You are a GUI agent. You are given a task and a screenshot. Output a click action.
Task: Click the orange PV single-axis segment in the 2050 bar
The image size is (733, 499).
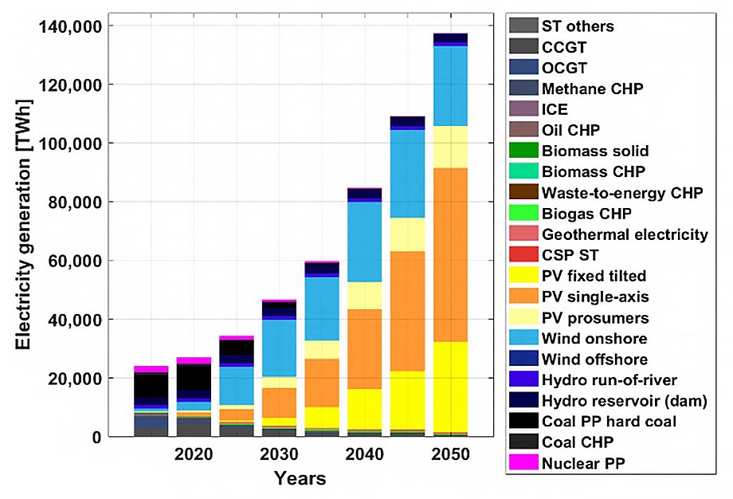point(450,255)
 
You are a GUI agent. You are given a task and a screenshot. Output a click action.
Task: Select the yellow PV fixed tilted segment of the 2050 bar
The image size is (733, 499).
point(450,387)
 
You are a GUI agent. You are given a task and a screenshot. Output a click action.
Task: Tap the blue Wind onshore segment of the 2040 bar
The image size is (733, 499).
point(365,242)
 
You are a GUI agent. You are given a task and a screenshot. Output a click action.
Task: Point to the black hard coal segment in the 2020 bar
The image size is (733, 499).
point(194,377)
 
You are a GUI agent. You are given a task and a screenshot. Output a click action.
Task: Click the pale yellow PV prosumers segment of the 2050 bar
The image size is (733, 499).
point(450,147)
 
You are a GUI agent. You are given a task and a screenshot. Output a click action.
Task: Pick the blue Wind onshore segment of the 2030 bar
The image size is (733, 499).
point(279,348)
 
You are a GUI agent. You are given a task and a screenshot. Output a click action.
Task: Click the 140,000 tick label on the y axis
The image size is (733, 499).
point(70,26)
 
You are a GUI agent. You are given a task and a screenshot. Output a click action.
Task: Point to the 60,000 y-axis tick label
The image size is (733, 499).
point(75,261)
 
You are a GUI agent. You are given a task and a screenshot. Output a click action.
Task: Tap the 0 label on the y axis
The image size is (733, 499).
point(96,438)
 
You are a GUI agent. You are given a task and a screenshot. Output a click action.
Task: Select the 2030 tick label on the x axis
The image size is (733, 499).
point(279,454)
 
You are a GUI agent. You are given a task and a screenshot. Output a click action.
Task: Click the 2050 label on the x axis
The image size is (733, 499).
point(450,454)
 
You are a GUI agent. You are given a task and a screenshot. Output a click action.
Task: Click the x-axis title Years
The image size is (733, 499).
point(300,478)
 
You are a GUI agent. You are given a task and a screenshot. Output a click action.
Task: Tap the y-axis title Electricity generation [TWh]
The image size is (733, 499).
point(23,225)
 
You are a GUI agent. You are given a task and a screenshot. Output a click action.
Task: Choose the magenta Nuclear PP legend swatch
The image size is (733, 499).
point(523,462)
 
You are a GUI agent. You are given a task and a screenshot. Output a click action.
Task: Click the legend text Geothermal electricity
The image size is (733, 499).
point(625,234)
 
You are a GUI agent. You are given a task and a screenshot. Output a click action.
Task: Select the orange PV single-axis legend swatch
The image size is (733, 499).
point(523,296)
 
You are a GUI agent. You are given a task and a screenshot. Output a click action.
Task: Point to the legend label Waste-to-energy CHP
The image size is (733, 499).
point(622,193)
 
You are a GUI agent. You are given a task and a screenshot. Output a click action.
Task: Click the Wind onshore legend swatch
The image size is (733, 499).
point(523,338)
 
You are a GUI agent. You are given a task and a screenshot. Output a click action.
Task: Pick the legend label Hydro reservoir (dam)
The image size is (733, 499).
point(625,401)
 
